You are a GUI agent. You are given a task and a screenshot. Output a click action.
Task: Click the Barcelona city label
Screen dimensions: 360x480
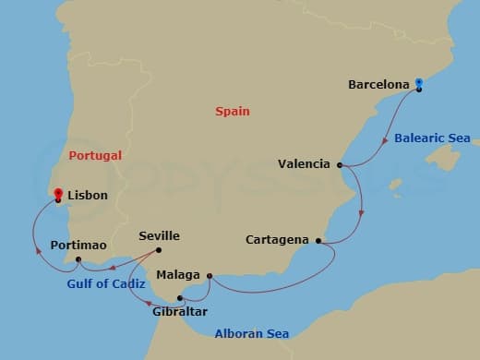click(x=378, y=85)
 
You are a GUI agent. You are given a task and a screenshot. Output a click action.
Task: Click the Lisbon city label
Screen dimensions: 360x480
click(x=89, y=196)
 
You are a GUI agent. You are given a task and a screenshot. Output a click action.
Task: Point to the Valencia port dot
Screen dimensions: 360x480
click(x=340, y=165)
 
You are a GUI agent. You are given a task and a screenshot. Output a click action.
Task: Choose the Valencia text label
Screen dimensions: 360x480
click(x=304, y=164)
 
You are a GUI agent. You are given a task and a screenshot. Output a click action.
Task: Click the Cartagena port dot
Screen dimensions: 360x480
click(x=318, y=241)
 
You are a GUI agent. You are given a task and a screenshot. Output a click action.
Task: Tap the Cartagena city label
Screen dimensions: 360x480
click(x=277, y=240)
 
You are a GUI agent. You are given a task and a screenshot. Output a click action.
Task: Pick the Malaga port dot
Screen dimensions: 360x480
click(x=210, y=275)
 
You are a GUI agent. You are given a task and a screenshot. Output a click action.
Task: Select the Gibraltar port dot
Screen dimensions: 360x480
click(x=180, y=298)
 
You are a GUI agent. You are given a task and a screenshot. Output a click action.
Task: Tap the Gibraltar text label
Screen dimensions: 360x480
click(x=180, y=312)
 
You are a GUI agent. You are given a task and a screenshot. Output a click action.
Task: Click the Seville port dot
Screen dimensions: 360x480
click(x=159, y=250)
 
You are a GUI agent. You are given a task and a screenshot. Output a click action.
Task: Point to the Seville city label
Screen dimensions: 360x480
click(x=159, y=236)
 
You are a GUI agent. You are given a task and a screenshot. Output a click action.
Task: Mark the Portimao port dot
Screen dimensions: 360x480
click(x=76, y=259)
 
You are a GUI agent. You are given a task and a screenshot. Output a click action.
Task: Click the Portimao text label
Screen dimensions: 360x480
click(x=79, y=245)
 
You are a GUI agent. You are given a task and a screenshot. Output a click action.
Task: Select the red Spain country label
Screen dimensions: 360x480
click(x=233, y=111)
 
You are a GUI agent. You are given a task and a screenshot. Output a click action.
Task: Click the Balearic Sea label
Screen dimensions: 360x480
click(x=432, y=138)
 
